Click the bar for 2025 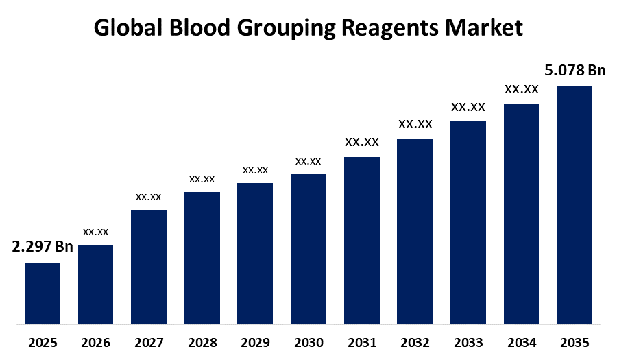(x=43, y=292)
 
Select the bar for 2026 (x=96, y=283)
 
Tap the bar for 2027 (x=149, y=266)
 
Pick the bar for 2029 (x=255, y=252)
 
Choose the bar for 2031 (x=361, y=239)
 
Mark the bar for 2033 (x=468, y=221)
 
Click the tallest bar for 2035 (x=574, y=204)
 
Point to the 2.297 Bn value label (x=43, y=247)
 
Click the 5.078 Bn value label (x=575, y=70)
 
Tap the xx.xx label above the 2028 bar (x=202, y=179)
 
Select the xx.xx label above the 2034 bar (x=522, y=89)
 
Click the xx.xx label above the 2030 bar (x=308, y=161)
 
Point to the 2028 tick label (x=202, y=342)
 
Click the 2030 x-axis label (x=308, y=342)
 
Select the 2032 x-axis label (x=415, y=342)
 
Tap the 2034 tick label (x=522, y=342)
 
